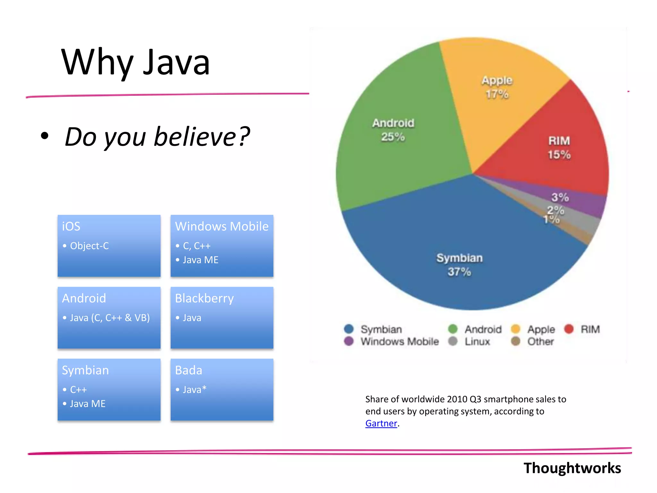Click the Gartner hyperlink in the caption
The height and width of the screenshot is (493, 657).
point(381,423)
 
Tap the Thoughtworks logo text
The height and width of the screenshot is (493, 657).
point(572,468)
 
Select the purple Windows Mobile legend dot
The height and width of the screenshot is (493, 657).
point(349,341)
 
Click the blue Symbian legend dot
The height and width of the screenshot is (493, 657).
point(349,329)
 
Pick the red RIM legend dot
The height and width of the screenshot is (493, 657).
point(569,329)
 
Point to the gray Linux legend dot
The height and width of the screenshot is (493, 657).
point(453,341)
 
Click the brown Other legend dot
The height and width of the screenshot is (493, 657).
point(516,341)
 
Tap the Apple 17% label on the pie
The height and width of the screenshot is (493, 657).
point(497,87)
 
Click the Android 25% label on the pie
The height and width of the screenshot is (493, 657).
point(393,130)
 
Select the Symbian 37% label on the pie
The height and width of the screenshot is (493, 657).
point(459,265)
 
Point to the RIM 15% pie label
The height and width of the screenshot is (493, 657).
point(559,148)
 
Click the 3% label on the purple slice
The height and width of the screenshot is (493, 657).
point(560,197)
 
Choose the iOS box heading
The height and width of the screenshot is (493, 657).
point(71,226)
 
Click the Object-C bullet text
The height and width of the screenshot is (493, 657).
point(89,246)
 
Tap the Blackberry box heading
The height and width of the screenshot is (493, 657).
point(204,298)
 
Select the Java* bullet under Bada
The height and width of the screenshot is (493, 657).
point(194,390)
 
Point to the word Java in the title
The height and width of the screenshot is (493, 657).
point(176,63)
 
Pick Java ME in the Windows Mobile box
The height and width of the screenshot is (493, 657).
point(201,260)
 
